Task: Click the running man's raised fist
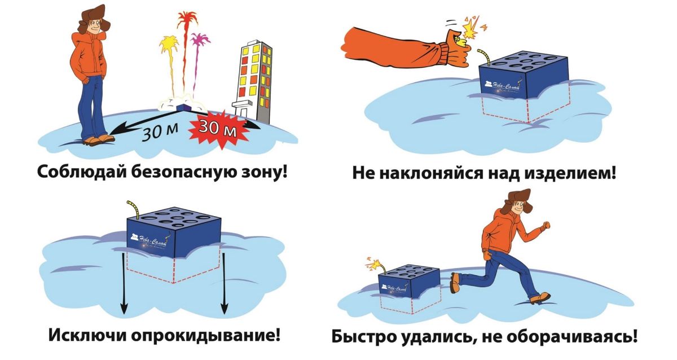pyautogui.click(x=544, y=225)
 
